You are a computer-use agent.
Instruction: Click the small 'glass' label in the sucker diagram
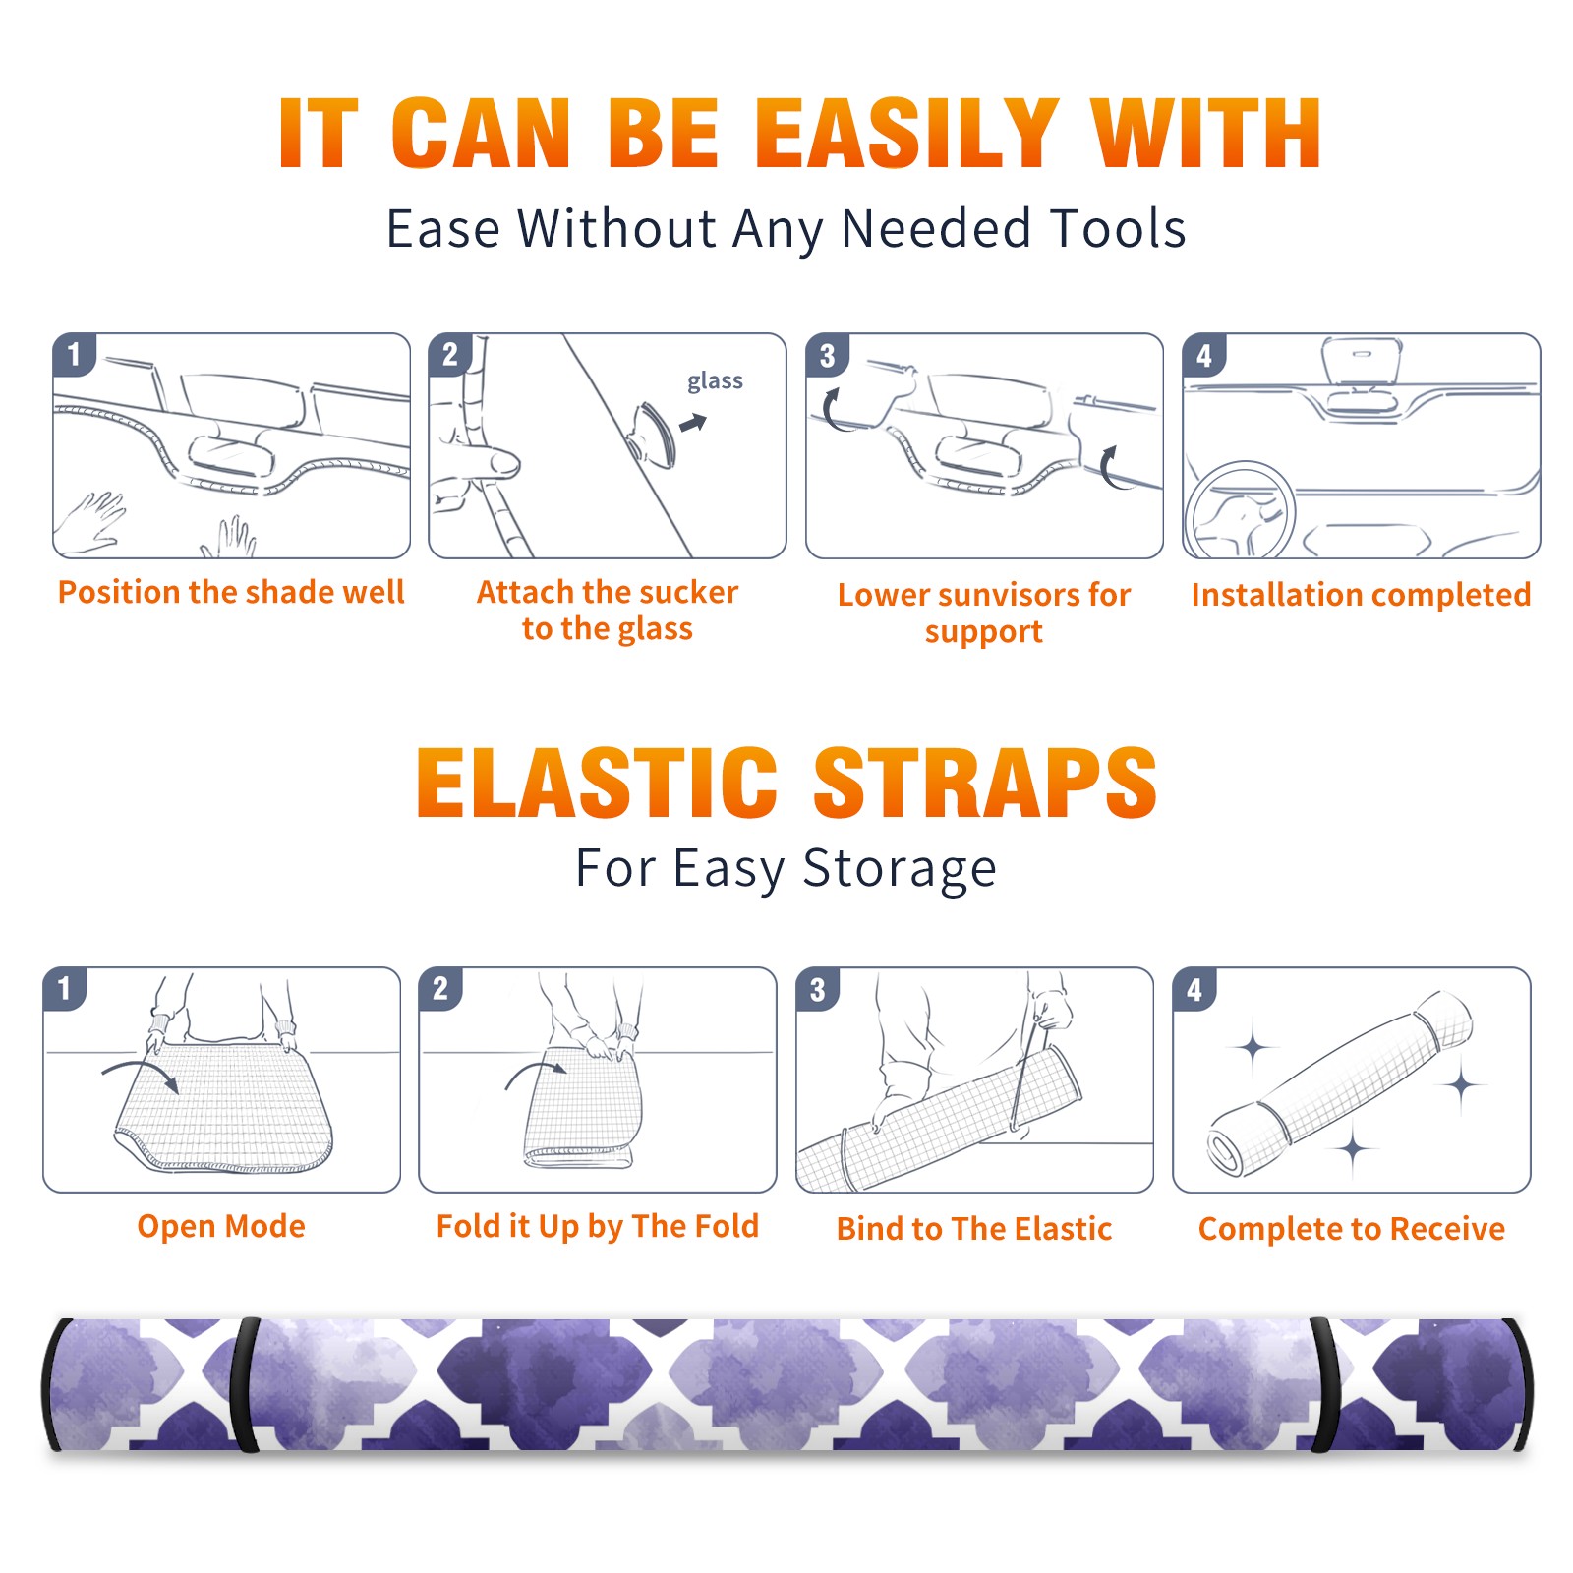[715, 381]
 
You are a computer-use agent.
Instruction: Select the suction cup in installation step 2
[653, 434]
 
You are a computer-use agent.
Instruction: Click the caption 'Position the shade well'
[231, 592]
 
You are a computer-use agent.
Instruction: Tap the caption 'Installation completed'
[1361, 594]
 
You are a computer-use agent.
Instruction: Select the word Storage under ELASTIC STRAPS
[900, 869]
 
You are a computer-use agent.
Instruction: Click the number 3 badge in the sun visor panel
[827, 355]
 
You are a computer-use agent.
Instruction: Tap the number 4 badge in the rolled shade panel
[1194, 989]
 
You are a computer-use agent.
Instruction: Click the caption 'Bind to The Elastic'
[973, 1229]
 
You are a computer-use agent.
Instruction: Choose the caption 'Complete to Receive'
[1351, 1229]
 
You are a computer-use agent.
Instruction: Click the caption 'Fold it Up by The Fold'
[598, 1226]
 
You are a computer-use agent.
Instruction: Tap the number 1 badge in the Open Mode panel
[65, 989]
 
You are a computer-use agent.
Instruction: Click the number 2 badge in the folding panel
[440, 989]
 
